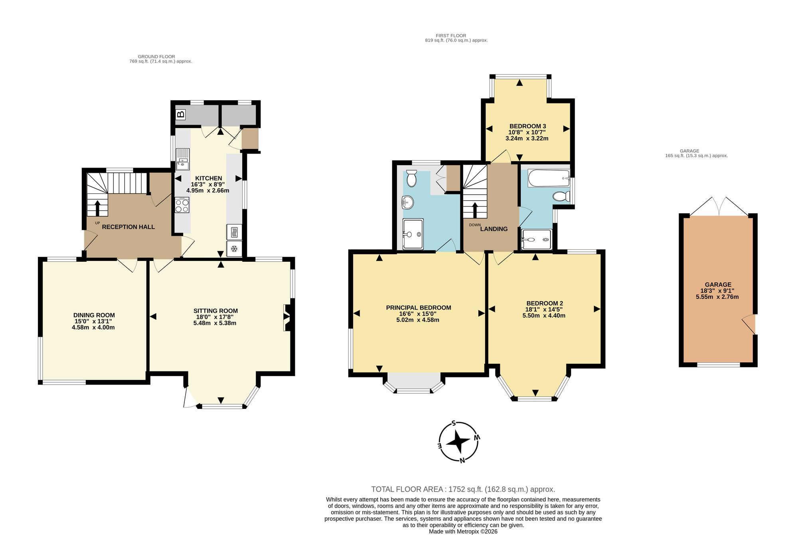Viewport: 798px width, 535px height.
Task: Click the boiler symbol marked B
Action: pos(181,115)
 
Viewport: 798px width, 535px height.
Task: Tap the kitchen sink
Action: pos(183,159)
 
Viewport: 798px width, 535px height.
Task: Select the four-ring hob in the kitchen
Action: pos(182,205)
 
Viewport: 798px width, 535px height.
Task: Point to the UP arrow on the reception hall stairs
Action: pos(97,207)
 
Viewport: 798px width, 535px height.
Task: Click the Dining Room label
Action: pos(94,315)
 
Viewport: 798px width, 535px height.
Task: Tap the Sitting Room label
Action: pos(215,311)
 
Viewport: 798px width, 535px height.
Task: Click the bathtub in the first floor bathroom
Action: pos(549,178)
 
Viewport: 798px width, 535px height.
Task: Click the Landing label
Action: pos(494,229)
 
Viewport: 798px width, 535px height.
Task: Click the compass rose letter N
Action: pos(462,460)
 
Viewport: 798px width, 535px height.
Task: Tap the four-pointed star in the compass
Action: pos(458,442)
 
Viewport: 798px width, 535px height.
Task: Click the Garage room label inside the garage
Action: pos(718,285)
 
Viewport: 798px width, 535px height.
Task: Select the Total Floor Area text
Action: pos(463,489)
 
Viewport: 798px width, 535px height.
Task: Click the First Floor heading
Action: pos(451,36)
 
